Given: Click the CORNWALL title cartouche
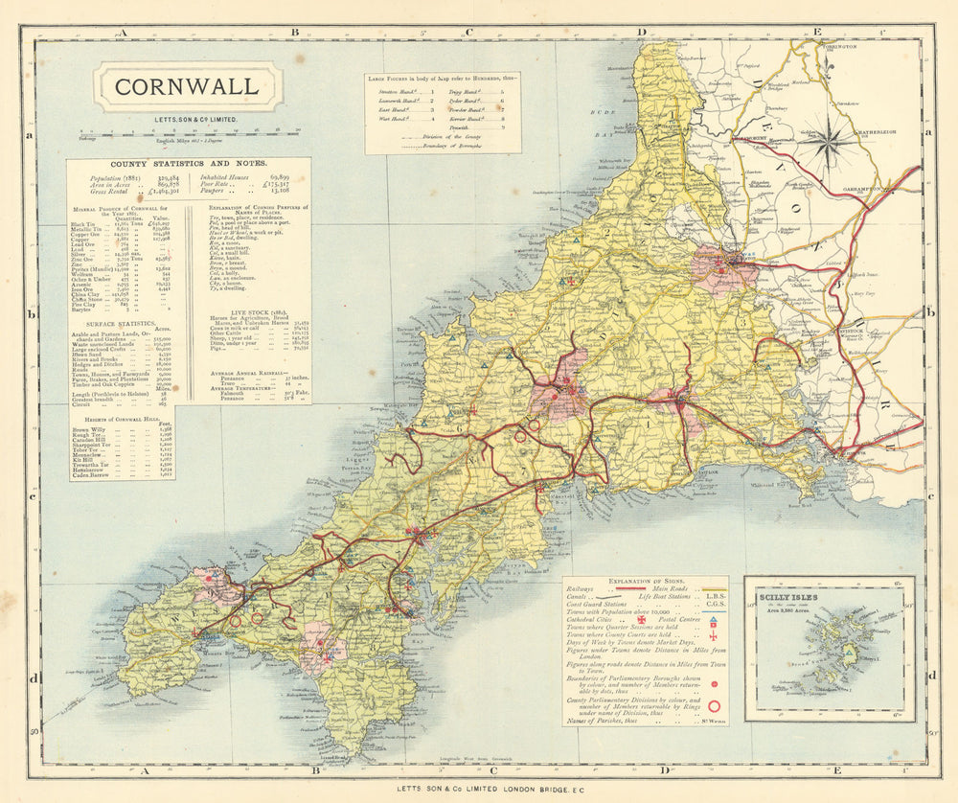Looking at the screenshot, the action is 187,87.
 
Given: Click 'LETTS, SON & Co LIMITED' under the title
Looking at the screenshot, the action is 186,118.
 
